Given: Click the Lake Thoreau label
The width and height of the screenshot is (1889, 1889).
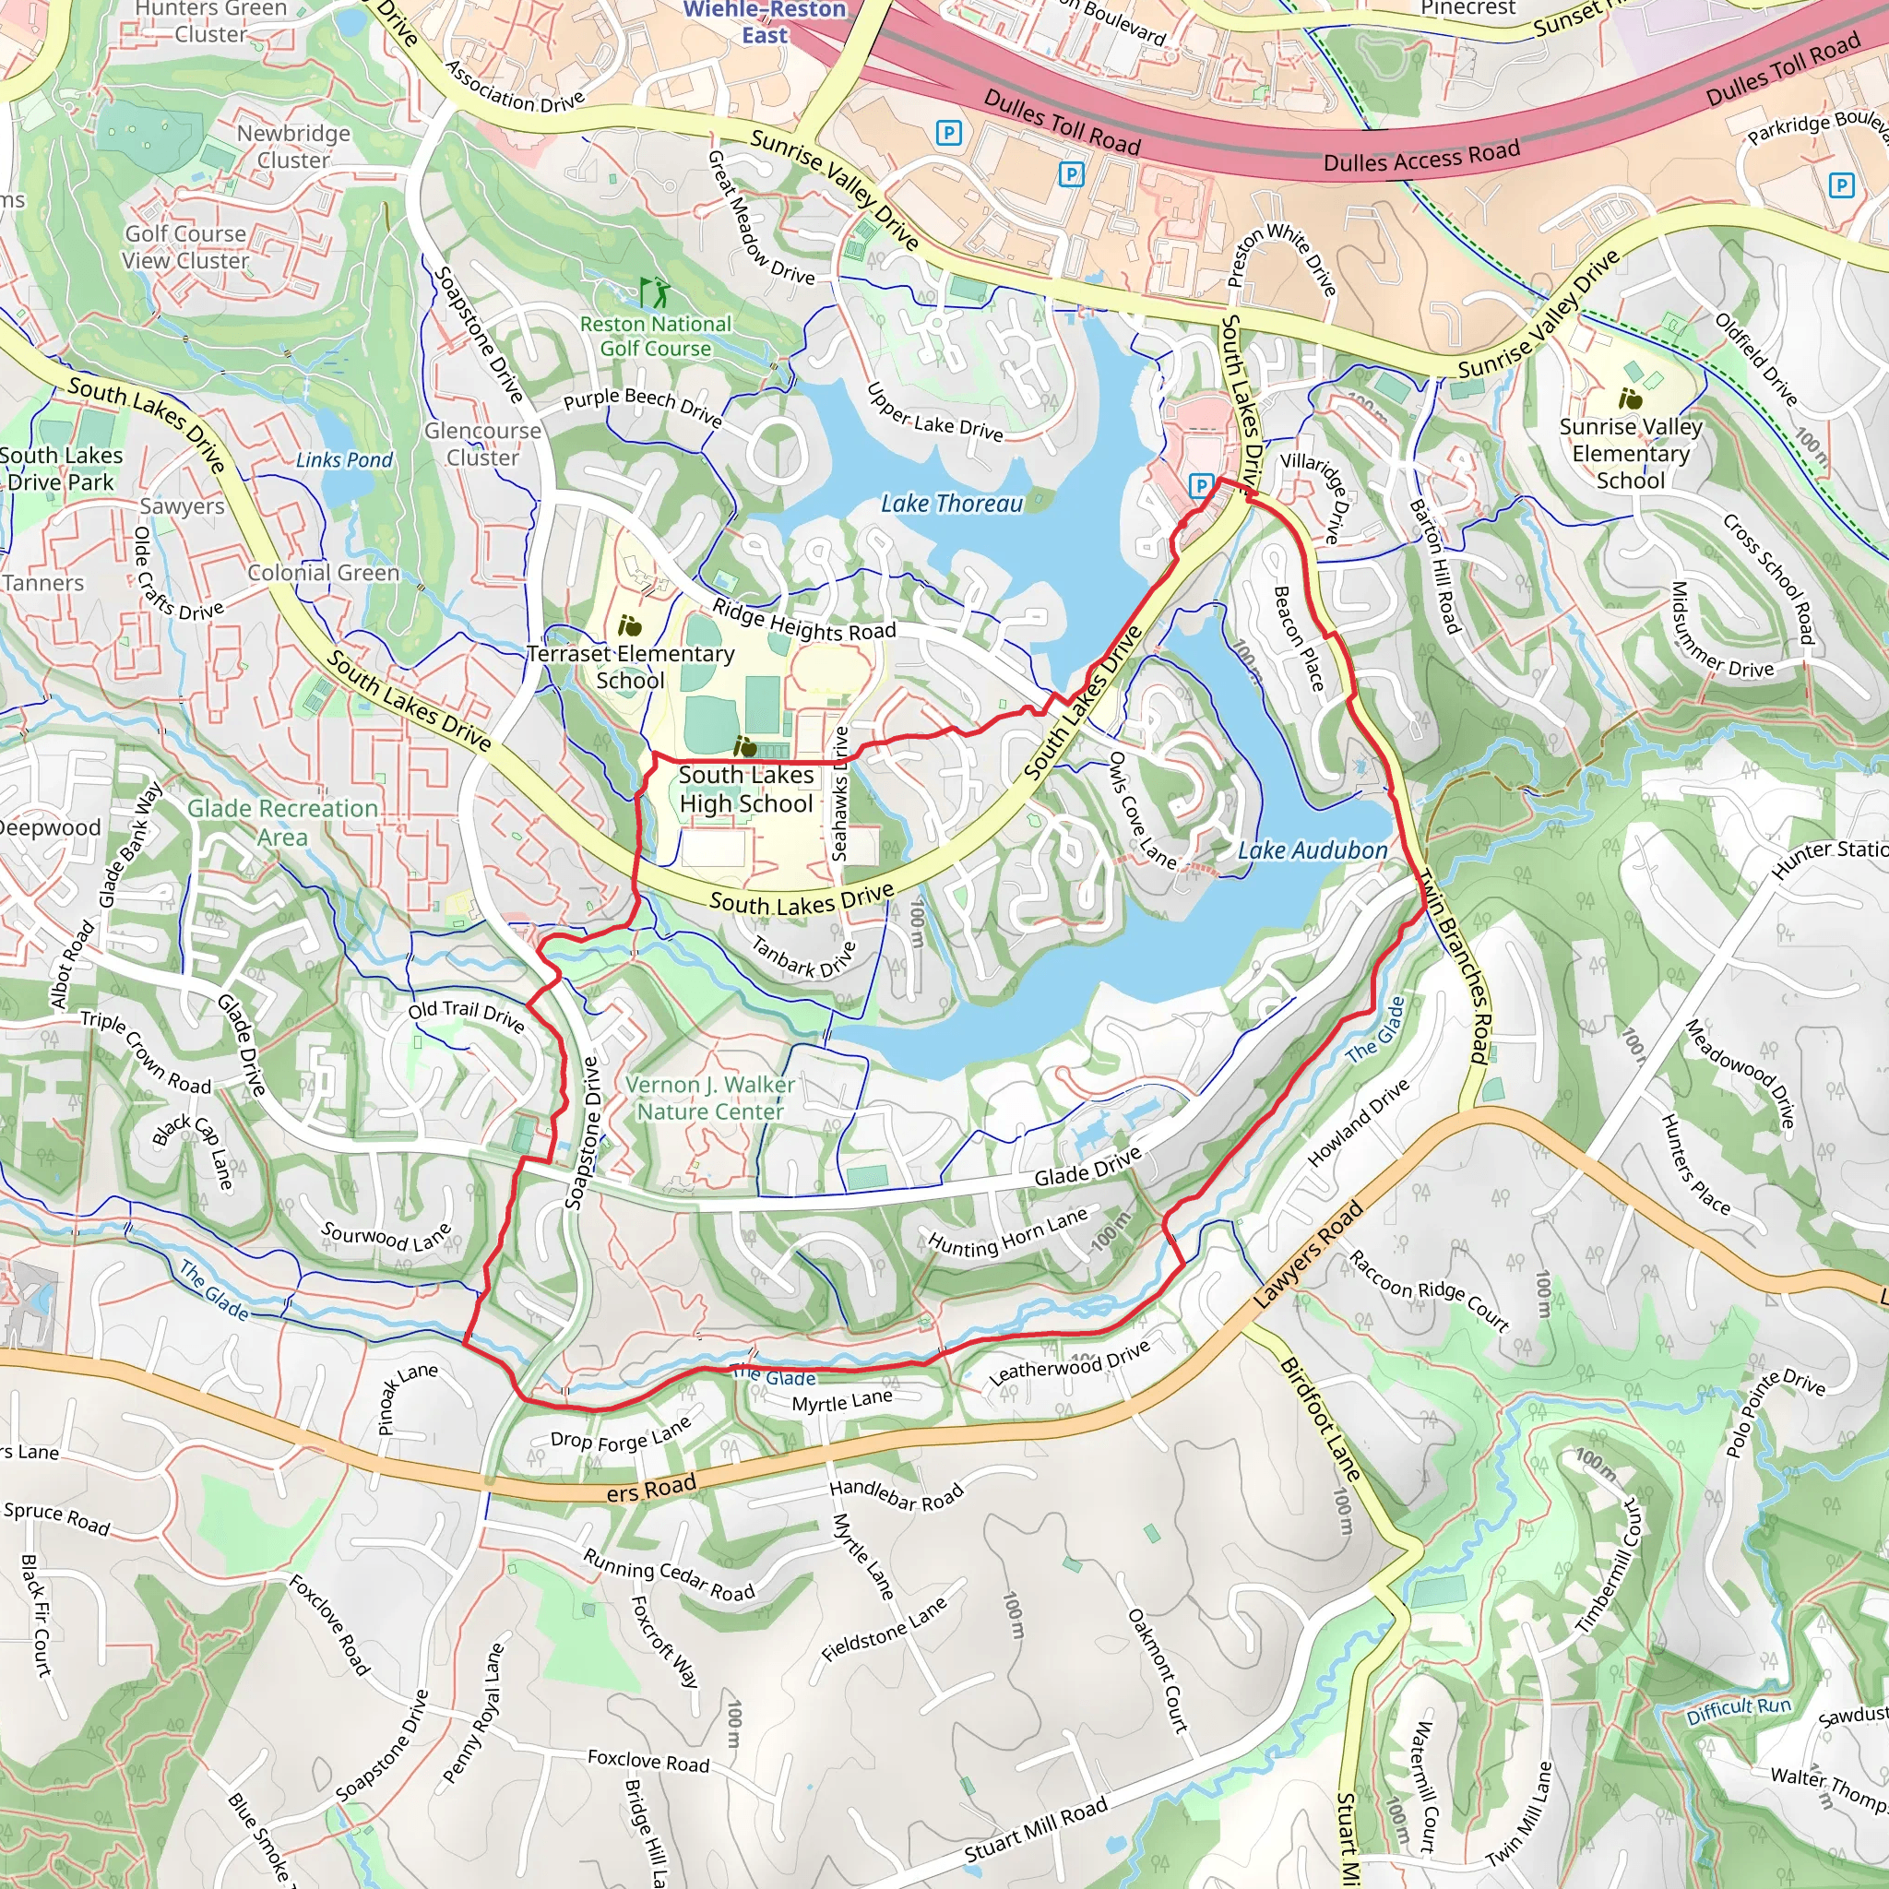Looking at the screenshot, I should [951, 504].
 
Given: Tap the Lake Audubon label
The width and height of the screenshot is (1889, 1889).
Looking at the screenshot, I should [1313, 850].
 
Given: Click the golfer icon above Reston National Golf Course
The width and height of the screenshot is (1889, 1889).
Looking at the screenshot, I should [655, 291].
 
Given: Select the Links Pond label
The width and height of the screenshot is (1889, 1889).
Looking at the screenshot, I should [344, 459].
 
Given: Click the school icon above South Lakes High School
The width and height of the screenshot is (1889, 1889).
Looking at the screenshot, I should [745, 748].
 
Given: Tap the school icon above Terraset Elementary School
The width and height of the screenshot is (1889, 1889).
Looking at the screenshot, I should [630, 624].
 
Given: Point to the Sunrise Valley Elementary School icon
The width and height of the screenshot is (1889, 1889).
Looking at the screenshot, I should [1630, 398].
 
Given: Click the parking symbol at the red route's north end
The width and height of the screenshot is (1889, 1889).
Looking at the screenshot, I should [1200, 485].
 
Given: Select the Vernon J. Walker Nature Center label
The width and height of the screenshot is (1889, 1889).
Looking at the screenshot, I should [710, 1098].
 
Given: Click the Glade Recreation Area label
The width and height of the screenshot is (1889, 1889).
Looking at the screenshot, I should [282, 822].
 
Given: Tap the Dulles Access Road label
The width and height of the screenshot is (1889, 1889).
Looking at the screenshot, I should [1420, 156].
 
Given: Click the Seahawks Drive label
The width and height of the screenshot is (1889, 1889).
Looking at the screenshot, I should [840, 793].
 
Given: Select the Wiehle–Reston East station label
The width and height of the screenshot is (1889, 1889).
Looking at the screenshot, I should [765, 22].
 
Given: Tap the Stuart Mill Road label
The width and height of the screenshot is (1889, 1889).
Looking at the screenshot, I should [1036, 1828].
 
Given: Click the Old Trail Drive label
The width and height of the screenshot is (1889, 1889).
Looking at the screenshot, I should [467, 1015].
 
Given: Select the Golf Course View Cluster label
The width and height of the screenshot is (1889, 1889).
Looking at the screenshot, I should [185, 247].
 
